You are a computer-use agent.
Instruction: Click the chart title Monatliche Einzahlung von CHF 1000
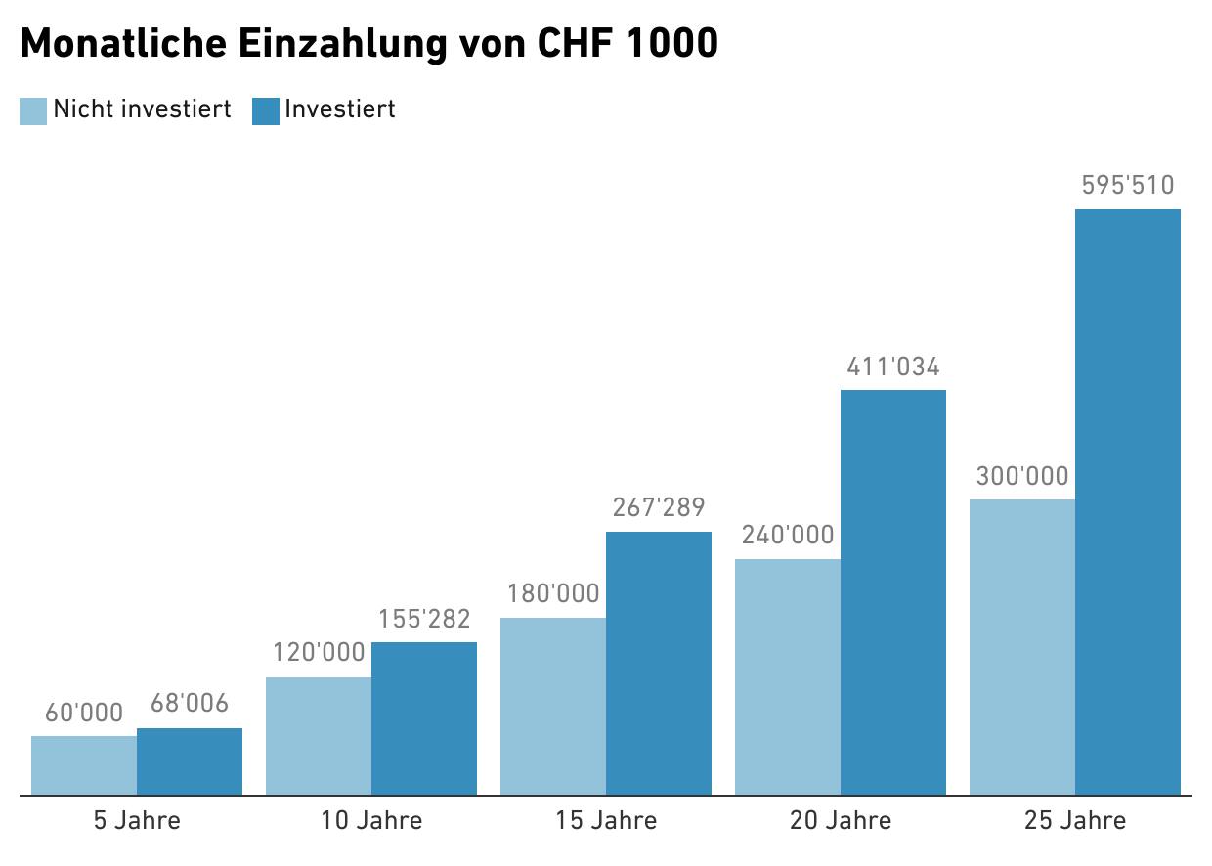click(368, 44)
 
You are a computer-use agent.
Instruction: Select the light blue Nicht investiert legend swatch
click(33, 110)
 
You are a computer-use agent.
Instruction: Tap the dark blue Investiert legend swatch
click(266, 110)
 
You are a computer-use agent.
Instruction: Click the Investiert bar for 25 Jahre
click(1128, 502)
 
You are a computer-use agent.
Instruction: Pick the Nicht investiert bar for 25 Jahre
click(1022, 647)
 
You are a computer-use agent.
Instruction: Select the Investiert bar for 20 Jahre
click(893, 592)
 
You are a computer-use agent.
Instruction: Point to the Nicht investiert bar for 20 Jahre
click(788, 676)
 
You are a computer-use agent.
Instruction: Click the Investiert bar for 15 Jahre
click(659, 663)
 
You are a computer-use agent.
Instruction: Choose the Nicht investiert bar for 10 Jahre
click(319, 736)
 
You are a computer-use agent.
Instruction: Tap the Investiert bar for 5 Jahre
click(190, 761)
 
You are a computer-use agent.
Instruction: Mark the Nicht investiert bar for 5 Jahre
click(84, 765)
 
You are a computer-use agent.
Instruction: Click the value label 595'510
click(1128, 186)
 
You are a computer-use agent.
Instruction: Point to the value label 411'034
click(893, 368)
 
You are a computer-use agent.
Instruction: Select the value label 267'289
click(659, 508)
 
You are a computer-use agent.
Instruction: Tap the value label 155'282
click(424, 619)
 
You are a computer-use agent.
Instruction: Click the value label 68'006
click(190, 704)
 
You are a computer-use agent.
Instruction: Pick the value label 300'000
click(1022, 477)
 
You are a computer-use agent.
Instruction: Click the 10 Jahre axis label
click(371, 820)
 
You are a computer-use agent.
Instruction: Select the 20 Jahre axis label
click(841, 820)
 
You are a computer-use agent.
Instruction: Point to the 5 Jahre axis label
click(137, 820)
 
